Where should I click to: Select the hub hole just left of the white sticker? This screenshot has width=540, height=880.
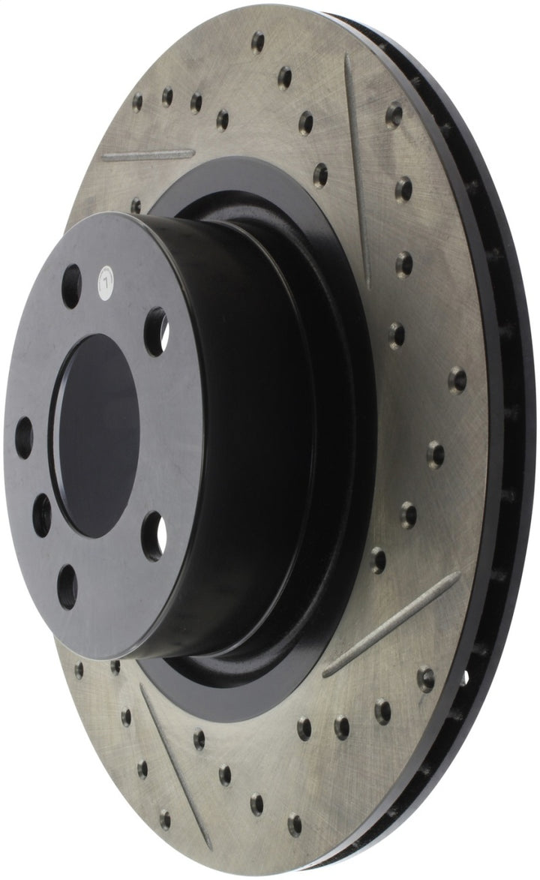pyautogui.click(x=71, y=286)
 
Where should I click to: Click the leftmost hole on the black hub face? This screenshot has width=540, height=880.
pyautogui.click(x=24, y=437)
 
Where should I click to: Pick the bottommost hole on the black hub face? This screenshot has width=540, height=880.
pyautogui.click(x=67, y=587)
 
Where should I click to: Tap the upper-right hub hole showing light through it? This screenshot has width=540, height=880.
pyautogui.click(x=156, y=331)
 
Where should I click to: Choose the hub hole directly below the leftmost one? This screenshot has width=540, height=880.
pyautogui.click(x=43, y=514)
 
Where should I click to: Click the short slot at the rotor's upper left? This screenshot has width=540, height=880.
pyautogui.click(x=148, y=155)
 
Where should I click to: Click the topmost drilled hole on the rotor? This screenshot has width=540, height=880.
pyautogui.click(x=257, y=41)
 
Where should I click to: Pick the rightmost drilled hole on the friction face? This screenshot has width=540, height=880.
pyautogui.click(x=457, y=380)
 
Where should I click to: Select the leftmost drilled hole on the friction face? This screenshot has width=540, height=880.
pyautogui.click(x=79, y=670)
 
